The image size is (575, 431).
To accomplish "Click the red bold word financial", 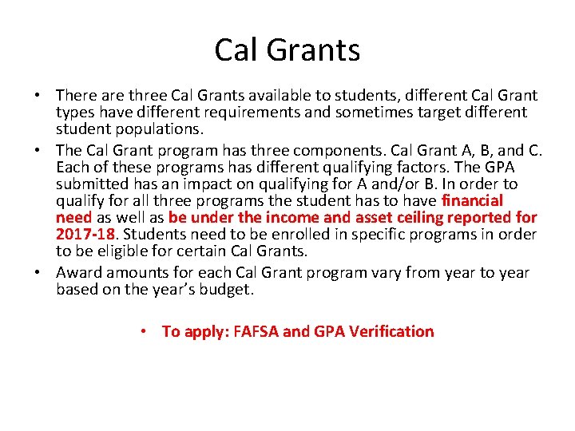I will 473,200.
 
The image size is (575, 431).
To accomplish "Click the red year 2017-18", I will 85,235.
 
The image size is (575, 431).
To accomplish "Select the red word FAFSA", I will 254,331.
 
